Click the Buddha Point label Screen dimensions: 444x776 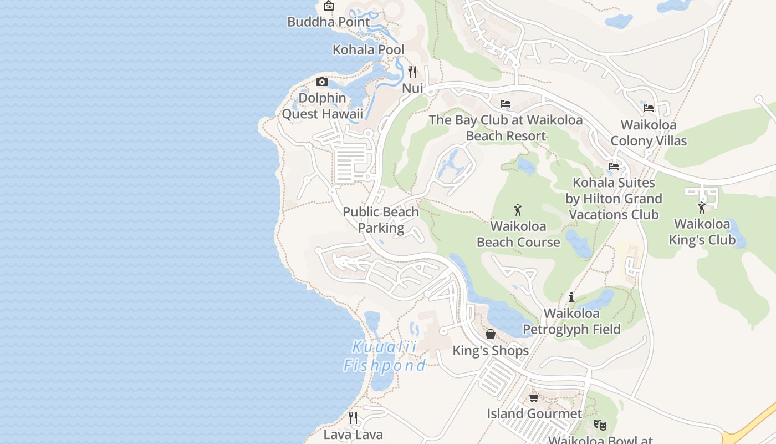(x=328, y=22)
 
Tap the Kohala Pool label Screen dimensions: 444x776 (x=368, y=50)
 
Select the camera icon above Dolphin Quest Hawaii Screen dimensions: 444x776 (x=321, y=82)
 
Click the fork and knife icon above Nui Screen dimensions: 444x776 (x=412, y=72)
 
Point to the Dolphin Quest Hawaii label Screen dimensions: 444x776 (x=322, y=106)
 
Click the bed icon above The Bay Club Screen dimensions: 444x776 (x=505, y=104)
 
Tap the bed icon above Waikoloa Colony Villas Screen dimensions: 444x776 (x=649, y=108)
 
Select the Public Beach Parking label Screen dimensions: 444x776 (x=381, y=220)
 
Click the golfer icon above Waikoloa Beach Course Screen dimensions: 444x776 (x=518, y=210)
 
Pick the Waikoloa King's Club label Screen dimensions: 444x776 (x=702, y=232)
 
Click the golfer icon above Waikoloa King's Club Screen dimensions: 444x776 (x=702, y=208)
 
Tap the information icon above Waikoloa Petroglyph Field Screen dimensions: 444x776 (x=571, y=297)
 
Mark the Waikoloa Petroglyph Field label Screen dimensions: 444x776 (x=571, y=321)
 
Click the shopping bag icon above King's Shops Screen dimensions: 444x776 (x=491, y=334)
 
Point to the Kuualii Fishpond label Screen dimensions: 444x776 (x=385, y=356)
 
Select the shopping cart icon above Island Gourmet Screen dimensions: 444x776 (x=534, y=397)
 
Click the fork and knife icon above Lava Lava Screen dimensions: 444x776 (x=353, y=418)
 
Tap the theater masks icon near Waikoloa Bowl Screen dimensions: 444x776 (x=600, y=425)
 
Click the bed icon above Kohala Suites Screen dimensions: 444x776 (x=613, y=166)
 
